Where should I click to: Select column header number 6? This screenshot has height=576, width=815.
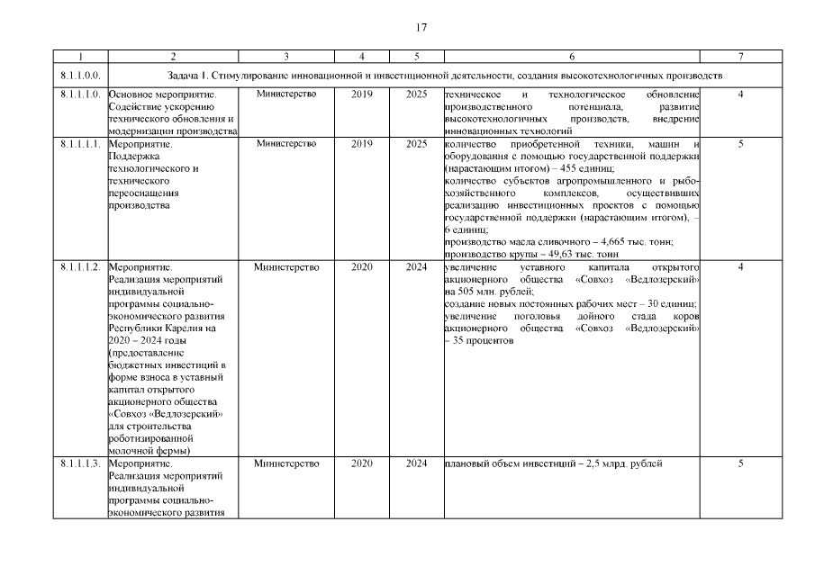[x=572, y=56]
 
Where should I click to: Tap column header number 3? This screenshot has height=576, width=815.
[x=285, y=56]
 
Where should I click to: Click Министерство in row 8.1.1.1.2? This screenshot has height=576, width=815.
[x=286, y=267]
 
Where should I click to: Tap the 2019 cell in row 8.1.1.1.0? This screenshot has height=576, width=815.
[x=361, y=94]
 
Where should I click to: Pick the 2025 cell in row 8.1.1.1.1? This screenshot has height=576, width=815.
[x=417, y=143]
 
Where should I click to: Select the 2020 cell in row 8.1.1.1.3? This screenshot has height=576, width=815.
[x=361, y=463]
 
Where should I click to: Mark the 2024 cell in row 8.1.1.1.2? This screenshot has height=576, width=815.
[x=417, y=267]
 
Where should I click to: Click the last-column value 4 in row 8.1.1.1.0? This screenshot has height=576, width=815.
[x=739, y=94]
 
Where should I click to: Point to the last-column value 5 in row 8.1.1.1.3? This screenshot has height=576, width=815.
[x=739, y=463]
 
